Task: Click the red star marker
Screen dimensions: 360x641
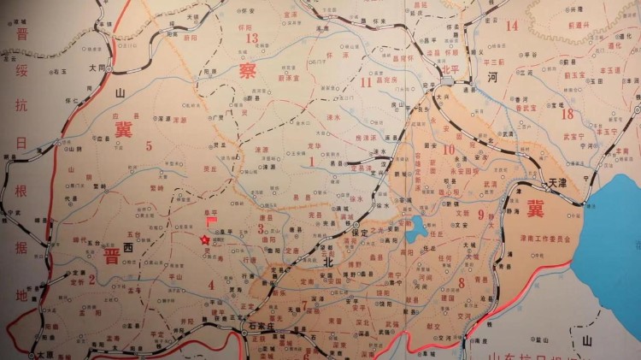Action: point(204,240)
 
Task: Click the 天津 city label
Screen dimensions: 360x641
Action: point(557,183)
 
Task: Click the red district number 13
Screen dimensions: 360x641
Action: point(251,38)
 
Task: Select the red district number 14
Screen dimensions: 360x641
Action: point(512,26)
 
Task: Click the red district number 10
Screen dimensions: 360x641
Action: point(449,150)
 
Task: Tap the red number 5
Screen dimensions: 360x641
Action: point(149,145)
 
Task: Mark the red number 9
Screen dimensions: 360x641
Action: point(481,214)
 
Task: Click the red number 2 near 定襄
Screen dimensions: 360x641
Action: point(92,280)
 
